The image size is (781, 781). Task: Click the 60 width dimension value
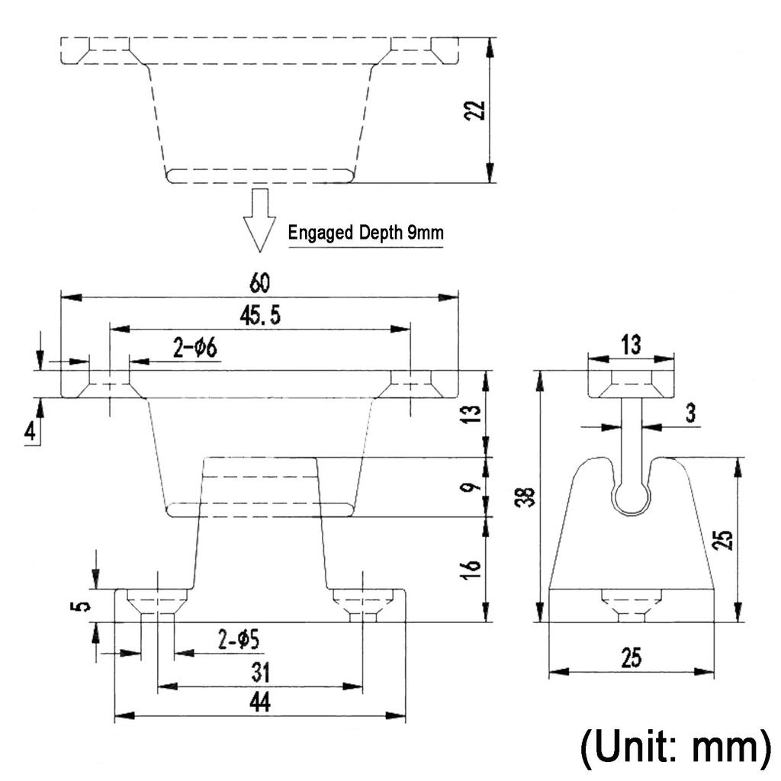[x=259, y=282]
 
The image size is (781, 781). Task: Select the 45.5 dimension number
[x=260, y=316]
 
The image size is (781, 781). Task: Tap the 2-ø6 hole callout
[x=195, y=347]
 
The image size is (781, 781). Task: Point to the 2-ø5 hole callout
[x=239, y=639]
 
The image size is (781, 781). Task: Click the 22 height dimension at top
[x=474, y=110]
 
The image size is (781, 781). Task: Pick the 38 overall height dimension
[x=525, y=497]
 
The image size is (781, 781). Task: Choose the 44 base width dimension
[x=260, y=702]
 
